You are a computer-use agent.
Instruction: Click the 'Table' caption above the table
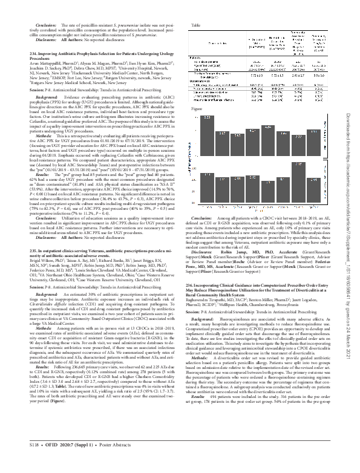pyautogui.click(x=195, y=25)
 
